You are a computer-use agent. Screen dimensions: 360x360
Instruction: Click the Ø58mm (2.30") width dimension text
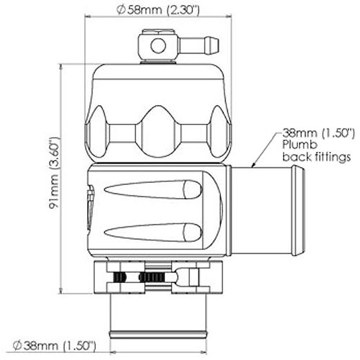click(158, 9)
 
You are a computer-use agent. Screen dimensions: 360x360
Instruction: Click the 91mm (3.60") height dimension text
click(55, 173)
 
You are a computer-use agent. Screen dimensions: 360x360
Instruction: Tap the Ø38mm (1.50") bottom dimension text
click(54, 346)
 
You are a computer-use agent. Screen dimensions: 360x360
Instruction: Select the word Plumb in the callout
click(300, 144)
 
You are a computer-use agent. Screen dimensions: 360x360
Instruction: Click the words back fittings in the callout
click(316, 156)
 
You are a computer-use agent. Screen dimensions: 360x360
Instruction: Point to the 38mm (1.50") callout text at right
click(318, 134)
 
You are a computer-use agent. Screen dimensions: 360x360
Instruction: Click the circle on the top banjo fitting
click(158, 46)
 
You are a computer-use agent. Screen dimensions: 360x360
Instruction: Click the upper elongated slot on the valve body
click(153, 190)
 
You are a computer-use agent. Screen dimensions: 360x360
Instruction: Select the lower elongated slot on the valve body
click(153, 233)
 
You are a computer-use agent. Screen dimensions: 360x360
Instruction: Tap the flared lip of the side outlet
click(298, 210)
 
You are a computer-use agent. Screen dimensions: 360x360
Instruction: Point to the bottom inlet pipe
click(158, 315)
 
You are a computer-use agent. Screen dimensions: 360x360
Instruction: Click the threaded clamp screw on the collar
click(151, 277)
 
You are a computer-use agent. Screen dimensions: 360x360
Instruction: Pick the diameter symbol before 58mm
click(121, 10)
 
